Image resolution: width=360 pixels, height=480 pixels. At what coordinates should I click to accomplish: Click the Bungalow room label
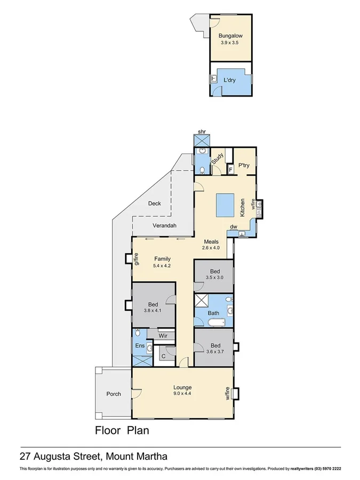click(x=230, y=36)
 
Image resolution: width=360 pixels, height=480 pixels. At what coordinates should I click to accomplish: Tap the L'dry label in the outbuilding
click(x=230, y=80)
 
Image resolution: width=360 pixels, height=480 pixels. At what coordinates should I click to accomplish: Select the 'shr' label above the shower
click(x=202, y=131)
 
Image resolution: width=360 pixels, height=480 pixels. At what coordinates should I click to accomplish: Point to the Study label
click(x=217, y=159)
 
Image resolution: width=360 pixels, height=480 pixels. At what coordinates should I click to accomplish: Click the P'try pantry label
click(x=244, y=165)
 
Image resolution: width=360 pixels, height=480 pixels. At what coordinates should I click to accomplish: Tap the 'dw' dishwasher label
click(x=233, y=227)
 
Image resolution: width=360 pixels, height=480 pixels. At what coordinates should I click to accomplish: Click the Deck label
click(x=155, y=203)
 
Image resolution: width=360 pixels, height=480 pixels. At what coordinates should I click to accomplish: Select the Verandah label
click(x=164, y=226)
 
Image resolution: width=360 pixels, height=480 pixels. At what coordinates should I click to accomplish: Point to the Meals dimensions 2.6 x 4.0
click(x=211, y=247)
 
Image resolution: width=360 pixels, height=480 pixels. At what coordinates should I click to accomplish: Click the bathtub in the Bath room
click(x=217, y=323)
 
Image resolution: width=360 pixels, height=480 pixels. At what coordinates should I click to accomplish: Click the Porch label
click(x=113, y=394)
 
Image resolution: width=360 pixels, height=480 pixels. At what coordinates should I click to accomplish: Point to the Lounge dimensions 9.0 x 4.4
click(x=182, y=394)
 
